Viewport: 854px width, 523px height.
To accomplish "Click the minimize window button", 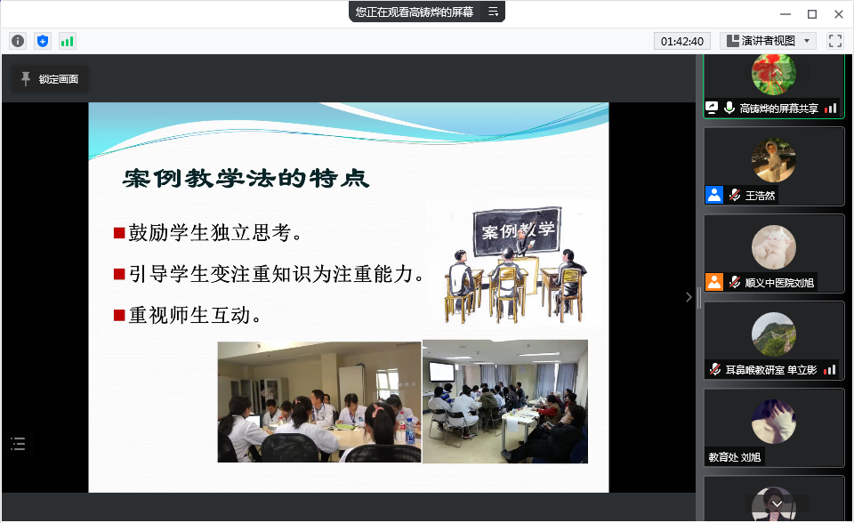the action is click(785, 14).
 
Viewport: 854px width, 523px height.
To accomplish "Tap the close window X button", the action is click(839, 14).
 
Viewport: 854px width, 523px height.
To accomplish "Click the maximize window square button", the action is click(812, 14).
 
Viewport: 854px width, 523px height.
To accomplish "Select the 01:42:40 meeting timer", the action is click(682, 42).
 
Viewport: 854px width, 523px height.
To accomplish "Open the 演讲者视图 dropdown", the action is click(768, 41).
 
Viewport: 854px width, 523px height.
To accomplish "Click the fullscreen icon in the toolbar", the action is click(835, 41).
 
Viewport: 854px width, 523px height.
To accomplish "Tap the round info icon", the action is click(18, 41).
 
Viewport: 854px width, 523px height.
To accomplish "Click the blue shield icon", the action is click(43, 41).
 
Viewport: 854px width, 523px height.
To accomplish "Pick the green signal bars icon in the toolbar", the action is click(67, 41).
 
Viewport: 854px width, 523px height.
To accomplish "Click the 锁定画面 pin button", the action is click(50, 79).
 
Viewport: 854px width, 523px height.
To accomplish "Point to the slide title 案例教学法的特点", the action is click(246, 178).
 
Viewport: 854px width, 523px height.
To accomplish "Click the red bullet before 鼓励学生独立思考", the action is click(119, 233).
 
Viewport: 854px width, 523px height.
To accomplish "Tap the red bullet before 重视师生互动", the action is click(119, 315).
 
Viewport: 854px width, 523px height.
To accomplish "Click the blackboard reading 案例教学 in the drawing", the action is click(516, 229).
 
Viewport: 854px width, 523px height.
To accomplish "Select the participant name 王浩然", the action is click(760, 196).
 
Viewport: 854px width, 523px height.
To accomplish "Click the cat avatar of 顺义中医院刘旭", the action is click(773, 247).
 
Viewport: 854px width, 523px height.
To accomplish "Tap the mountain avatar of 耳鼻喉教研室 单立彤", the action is click(773, 334).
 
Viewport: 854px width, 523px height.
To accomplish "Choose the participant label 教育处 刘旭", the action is click(734, 457).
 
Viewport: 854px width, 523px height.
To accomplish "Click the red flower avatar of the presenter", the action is click(773, 74).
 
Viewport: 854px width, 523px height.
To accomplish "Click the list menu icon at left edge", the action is click(18, 444).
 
